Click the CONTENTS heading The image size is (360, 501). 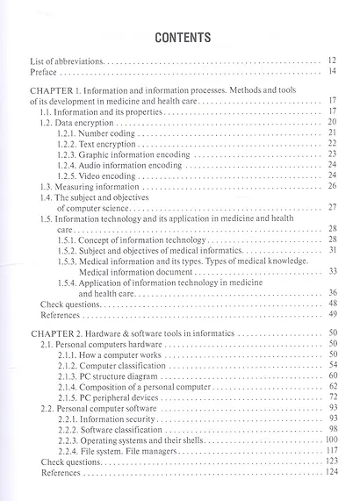(182, 38)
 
